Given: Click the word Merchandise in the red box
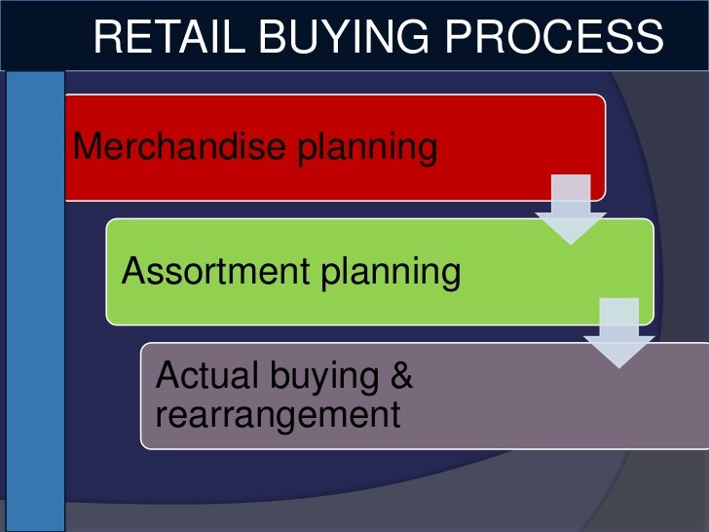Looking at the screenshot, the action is click(x=177, y=147).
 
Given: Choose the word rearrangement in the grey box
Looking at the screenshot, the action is click(x=279, y=415).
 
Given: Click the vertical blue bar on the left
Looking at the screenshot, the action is click(x=35, y=302).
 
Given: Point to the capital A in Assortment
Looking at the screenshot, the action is click(x=133, y=272).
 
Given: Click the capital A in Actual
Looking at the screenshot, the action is click(x=168, y=374).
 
